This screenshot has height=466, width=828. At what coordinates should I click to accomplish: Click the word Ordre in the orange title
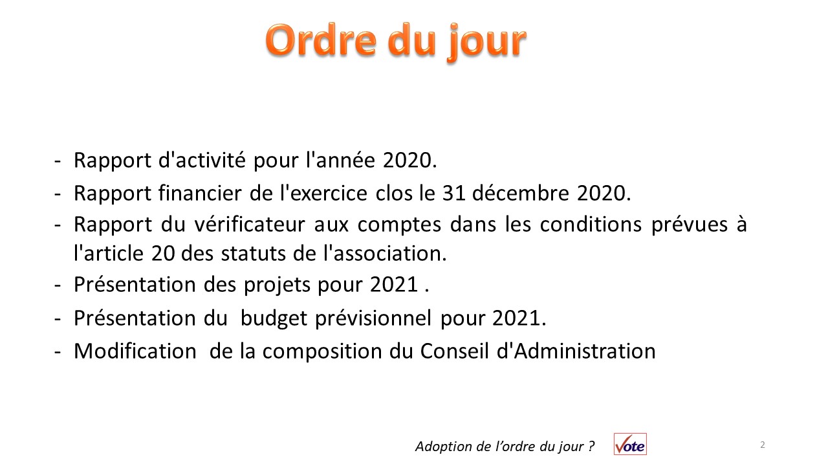point(321,41)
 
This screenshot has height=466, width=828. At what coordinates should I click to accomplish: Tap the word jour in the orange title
point(486,43)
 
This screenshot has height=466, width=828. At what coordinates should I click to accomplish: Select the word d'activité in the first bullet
point(202,160)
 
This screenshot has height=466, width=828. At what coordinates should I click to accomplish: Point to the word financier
point(200,193)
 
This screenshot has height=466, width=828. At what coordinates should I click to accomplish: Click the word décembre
point(521,193)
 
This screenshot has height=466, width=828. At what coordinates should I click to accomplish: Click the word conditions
point(591,224)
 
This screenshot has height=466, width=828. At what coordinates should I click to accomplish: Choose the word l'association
point(385,253)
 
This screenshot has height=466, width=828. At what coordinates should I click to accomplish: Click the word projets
point(277,285)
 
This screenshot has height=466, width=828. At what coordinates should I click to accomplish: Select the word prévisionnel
point(373,318)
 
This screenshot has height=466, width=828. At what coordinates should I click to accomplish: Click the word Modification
point(135,351)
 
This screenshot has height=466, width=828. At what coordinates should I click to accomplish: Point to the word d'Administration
point(576,351)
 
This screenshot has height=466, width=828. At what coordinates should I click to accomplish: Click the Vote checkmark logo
point(630,444)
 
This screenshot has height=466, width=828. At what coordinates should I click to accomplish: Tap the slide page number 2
point(763,445)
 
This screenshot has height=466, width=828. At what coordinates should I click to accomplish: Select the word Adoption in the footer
point(444,447)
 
